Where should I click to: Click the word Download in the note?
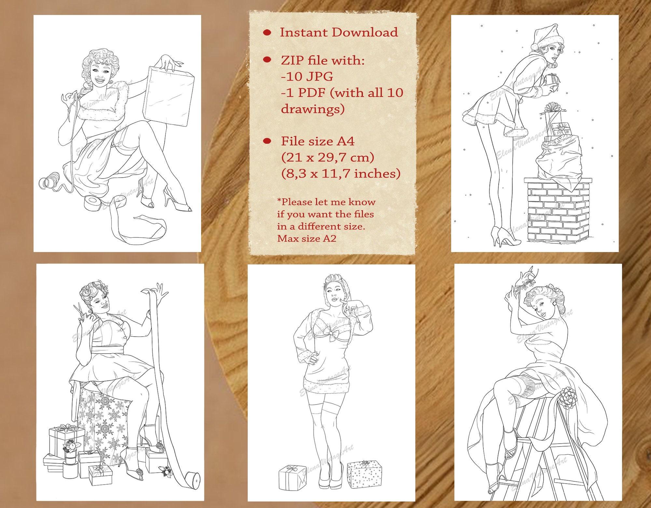pyautogui.click(x=365, y=32)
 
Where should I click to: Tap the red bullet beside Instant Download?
pyautogui.click(x=267, y=32)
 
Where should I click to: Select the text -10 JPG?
pyautogui.click(x=307, y=76)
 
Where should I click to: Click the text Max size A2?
pyautogui.click(x=307, y=238)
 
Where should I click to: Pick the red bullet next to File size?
pyautogui.click(x=267, y=141)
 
